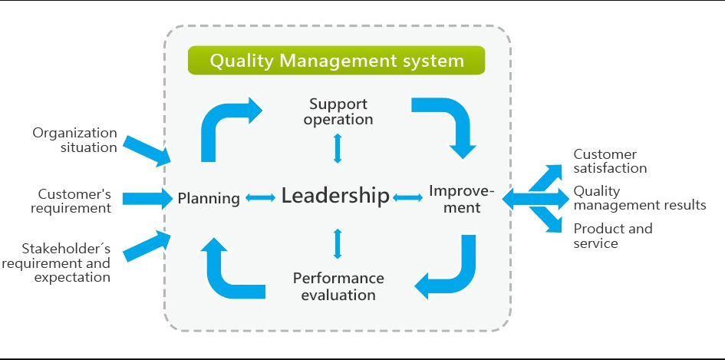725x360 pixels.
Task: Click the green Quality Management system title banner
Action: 336,60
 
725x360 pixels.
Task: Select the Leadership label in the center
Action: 335,196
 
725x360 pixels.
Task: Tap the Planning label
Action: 209,199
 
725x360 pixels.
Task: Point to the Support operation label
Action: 338,111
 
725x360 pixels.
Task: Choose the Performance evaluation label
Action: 338,286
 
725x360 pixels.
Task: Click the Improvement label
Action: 462,199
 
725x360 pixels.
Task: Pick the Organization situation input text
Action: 74,140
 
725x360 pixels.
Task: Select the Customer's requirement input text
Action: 71,201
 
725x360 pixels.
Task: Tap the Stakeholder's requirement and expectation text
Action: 57,263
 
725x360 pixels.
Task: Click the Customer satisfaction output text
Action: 610,161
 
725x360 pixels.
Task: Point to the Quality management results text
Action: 640,197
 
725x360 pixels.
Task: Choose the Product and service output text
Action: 613,236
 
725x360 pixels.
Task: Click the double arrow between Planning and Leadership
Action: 260,197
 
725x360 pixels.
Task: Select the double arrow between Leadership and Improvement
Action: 407,197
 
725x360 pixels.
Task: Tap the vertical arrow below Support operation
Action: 338,148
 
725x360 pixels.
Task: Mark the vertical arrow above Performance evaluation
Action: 338,243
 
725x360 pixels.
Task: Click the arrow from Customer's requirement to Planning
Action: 147,199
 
